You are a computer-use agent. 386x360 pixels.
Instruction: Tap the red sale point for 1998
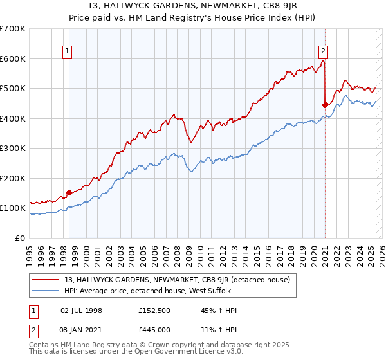[x=69, y=192]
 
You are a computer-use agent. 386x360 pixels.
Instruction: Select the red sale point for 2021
[x=325, y=105]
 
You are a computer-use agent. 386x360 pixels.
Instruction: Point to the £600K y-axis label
[x=14, y=59]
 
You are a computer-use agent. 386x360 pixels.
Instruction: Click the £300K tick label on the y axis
[x=14, y=148]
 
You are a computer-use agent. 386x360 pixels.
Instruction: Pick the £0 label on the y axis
[x=19, y=238]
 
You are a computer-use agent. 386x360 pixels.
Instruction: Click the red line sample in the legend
[x=45, y=280]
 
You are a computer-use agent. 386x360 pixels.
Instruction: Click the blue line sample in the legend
[x=45, y=291]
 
